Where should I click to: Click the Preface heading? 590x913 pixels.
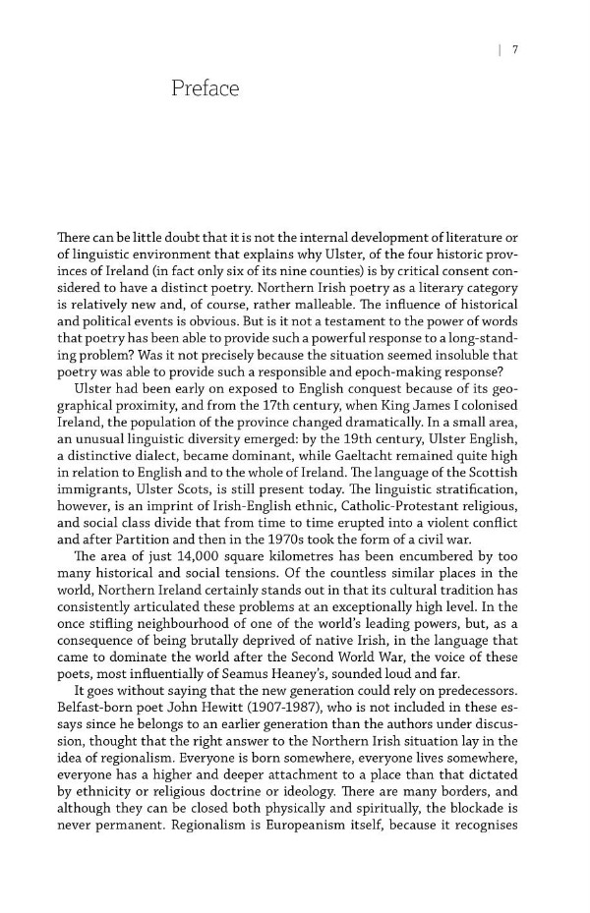[205, 89]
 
